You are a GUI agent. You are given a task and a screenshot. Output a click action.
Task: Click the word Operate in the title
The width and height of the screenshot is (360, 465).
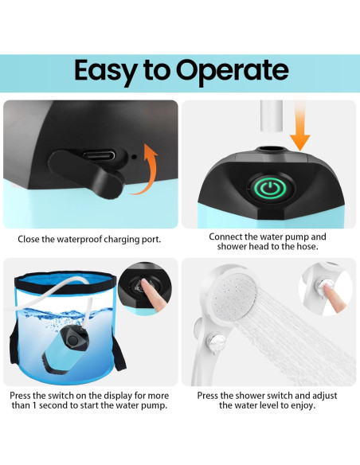[x=233, y=71]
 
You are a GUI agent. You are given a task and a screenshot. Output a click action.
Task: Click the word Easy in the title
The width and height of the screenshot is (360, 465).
[x=106, y=71]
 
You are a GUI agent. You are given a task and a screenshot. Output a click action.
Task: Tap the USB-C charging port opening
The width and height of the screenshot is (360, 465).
[x=99, y=154]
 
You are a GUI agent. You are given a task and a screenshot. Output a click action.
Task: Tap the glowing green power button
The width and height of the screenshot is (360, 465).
[x=268, y=189]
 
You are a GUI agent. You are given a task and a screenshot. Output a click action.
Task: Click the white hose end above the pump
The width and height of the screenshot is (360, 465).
[x=272, y=115]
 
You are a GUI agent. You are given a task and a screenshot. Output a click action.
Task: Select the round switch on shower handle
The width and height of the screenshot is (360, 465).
[x=216, y=343]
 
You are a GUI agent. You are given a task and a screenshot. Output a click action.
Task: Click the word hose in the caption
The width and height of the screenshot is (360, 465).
[x=307, y=247]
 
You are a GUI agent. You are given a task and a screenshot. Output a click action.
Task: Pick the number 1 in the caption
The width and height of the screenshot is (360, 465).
[x=34, y=405]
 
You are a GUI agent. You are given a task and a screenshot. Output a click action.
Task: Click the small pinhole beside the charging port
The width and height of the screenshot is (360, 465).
[x=135, y=156]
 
